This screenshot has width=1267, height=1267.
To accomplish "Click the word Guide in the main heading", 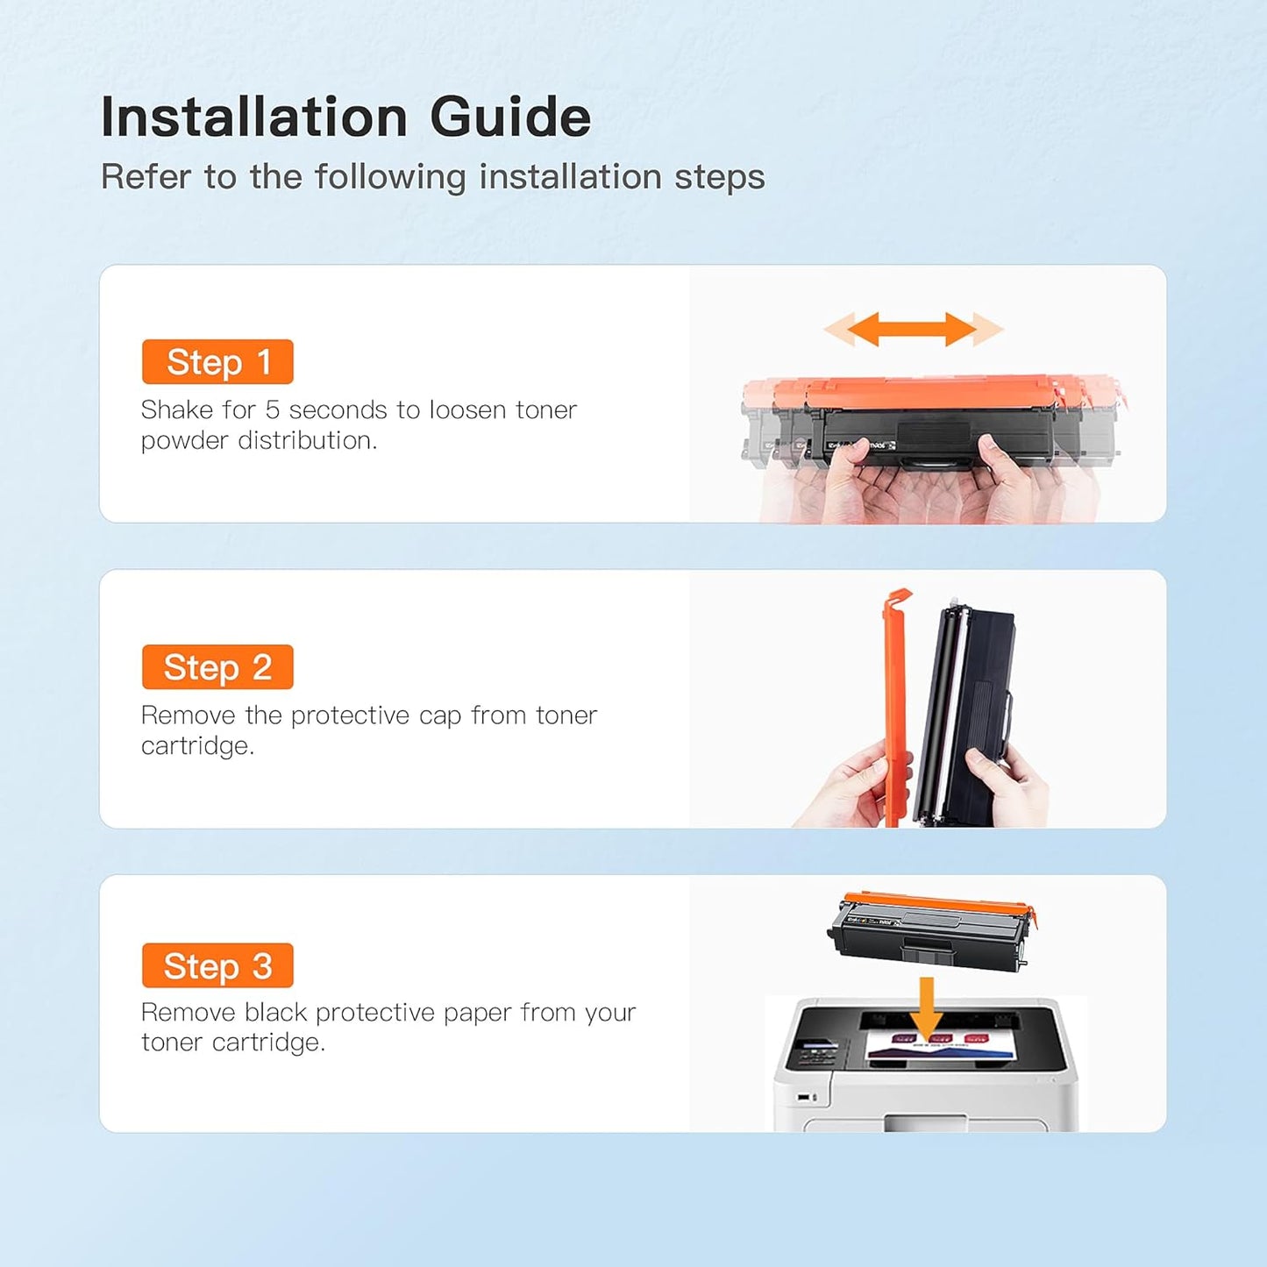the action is (510, 117).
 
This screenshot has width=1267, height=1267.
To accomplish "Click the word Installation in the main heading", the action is (254, 117).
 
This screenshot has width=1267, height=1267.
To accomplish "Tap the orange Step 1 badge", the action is (217, 361).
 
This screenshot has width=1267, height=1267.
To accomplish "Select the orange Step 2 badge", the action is (217, 666).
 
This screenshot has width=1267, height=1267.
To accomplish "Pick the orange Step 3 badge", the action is (217, 965).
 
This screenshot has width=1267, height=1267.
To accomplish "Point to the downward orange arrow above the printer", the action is (926, 1009).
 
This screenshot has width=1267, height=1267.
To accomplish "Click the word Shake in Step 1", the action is (176, 409).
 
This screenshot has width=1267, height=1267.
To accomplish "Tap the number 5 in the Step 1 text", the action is (272, 409).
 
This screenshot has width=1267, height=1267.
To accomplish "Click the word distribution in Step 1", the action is (308, 440).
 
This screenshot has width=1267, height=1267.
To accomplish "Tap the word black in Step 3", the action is (275, 1013).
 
